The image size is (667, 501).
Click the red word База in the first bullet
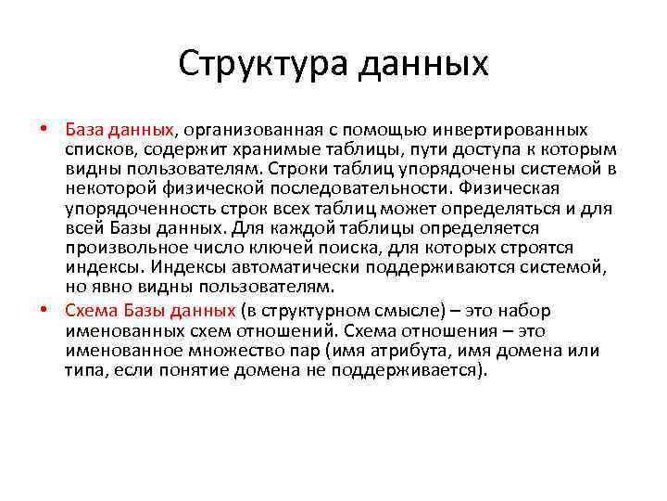(87, 128)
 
